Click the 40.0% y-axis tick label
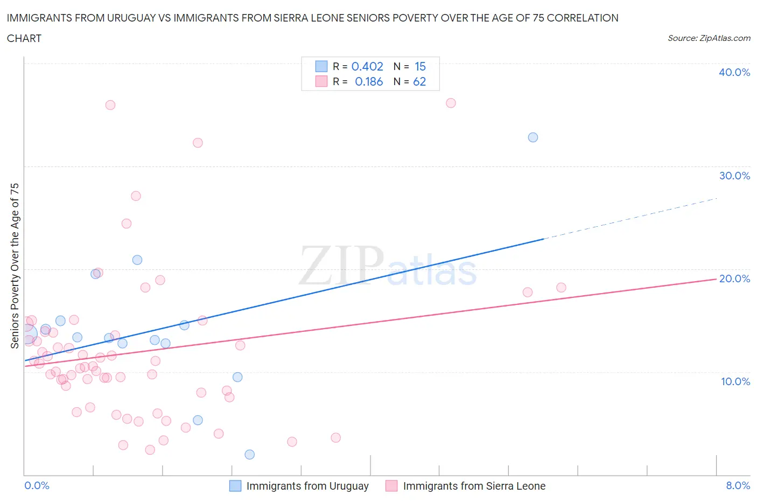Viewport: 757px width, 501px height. click(734, 72)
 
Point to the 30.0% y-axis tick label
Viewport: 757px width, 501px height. click(734, 176)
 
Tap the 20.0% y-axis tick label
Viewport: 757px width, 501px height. click(734, 279)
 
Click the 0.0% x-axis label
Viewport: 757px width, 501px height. click(37, 485)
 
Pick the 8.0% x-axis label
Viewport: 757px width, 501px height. click(738, 485)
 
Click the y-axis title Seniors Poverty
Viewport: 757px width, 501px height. click(15, 266)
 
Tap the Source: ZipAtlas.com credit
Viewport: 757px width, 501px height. click(709, 38)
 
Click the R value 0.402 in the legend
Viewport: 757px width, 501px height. click(367, 66)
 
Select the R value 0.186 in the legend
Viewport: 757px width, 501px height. click(369, 81)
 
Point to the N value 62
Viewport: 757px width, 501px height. click(419, 81)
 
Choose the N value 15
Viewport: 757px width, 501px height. click(420, 66)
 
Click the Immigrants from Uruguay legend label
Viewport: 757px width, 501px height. click(307, 486)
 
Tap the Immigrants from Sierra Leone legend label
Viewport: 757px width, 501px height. click(474, 486)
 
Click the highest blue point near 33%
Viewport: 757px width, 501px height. click(533, 137)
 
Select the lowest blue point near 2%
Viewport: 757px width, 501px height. click(249, 455)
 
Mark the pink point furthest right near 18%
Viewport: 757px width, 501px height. click(561, 288)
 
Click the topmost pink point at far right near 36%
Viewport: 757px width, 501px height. click(451, 103)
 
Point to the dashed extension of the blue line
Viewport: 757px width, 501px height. click(630, 218)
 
